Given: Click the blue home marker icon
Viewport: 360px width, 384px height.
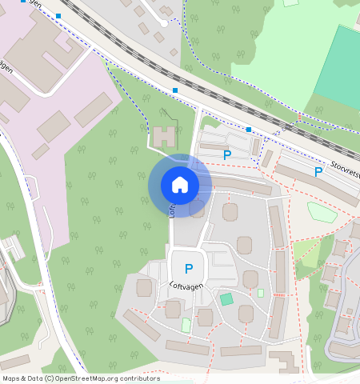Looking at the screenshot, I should pyautogui.click(x=180, y=185).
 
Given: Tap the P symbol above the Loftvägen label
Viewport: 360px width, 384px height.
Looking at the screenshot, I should pyautogui.click(x=189, y=270).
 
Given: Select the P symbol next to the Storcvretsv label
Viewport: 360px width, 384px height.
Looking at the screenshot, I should pyautogui.click(x=318, y=171).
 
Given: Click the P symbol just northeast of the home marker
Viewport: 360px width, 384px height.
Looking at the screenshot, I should pyautogui.click(x=227, y=155).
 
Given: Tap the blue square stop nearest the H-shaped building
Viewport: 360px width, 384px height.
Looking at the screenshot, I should pyautogui.click(x=174, y=90).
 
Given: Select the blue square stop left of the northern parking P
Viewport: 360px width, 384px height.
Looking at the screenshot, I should pyautogui.click(x=249, y=129).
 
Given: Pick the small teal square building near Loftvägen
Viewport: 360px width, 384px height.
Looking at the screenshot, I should pyautogui.click(x=227, y=298).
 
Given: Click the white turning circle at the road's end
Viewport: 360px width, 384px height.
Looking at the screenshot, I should pyautogui.click(x=164, y=23).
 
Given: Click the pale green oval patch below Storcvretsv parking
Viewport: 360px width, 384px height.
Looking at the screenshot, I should pyautogui.click(x=321, y=211).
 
